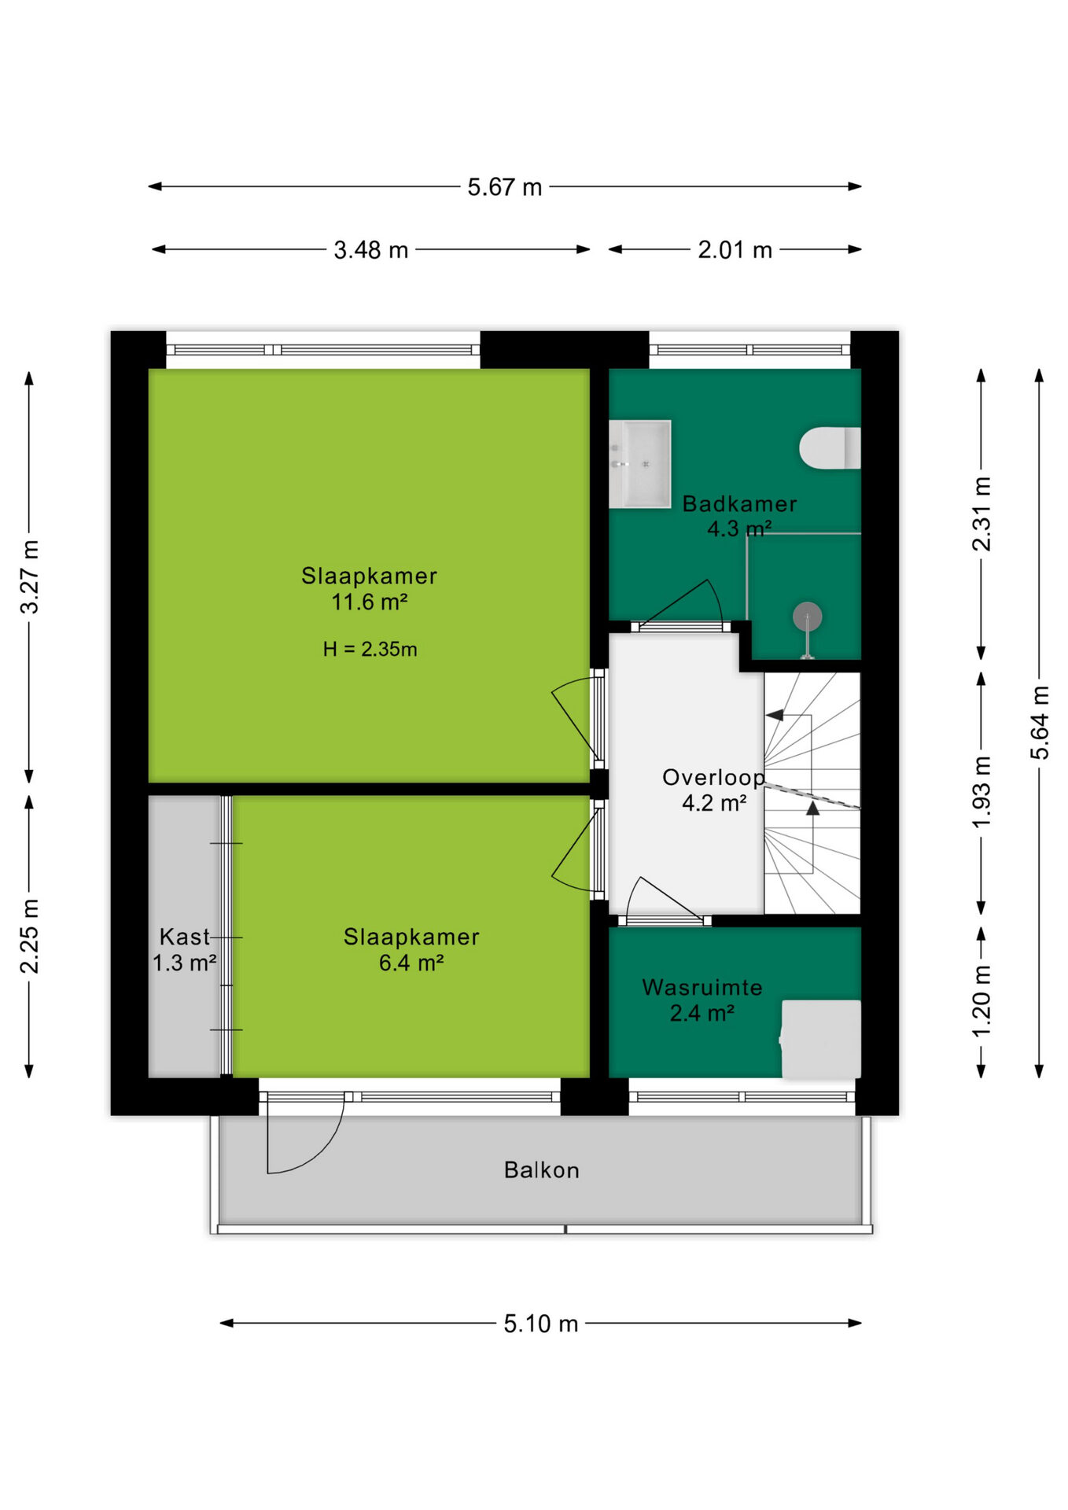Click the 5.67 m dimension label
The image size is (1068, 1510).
(504, 187)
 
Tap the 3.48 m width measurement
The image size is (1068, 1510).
(370, 250)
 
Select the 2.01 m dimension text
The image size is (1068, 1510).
(735, 250)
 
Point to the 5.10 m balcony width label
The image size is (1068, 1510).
(541, 1324)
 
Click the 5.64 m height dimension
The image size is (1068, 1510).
(1040, 722)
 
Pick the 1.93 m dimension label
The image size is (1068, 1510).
(981, 792)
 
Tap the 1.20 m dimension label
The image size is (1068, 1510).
(981, 1001)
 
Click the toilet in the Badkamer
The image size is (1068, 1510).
(830, 448)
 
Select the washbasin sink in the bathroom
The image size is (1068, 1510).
(640, 464)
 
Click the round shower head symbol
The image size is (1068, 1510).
(807, 617)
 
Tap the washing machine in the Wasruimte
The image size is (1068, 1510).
(821, 1039)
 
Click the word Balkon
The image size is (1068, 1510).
(541, 1170)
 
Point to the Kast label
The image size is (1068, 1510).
(184, 937)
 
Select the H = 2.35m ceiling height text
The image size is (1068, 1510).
(370, 649)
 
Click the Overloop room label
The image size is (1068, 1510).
(713, 777)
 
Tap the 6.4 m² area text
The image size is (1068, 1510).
(411, 963)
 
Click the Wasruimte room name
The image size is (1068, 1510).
(702, 987)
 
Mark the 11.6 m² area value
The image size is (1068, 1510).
(369, 602)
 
